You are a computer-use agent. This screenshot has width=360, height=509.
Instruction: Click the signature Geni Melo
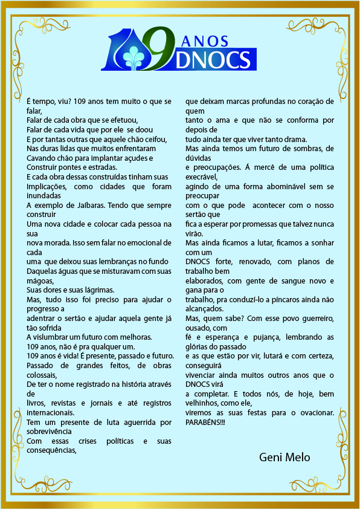click(284, 457)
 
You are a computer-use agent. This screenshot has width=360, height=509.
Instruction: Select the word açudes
click(139, 158)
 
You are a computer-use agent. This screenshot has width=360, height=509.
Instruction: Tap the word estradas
click(99, 167)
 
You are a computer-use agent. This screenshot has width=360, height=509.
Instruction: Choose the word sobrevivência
click(50, 431)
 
